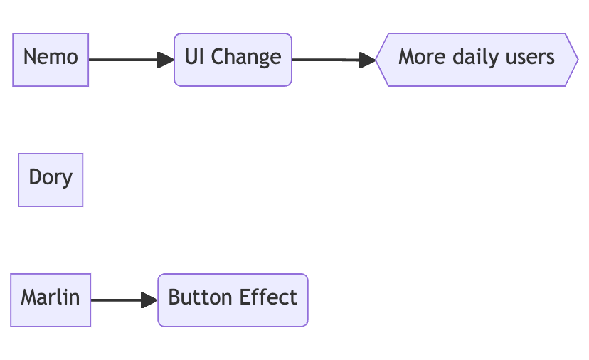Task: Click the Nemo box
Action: tap(51, 60)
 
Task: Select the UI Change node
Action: tap(233, 60)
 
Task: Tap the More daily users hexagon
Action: tap(477, 60)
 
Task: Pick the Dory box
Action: tap(51, 180)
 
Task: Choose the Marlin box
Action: tap(51, 300)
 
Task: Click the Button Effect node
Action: tap(233, 300)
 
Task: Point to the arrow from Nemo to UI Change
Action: tap(132, 60)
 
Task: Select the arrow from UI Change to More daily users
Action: tap(334, 60)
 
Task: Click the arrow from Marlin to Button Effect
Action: tap(124, 300)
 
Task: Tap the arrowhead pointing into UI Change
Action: tap(166, 60)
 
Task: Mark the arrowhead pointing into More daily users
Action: tap(367, 60)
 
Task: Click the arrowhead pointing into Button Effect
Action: tap(149, 300)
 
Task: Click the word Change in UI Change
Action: tap(246, 58)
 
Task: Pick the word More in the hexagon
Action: tap(423, 57)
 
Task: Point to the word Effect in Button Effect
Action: tap(268, 297)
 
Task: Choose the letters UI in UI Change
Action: tap(195, 57)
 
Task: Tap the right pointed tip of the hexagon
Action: tap(578, 60)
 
